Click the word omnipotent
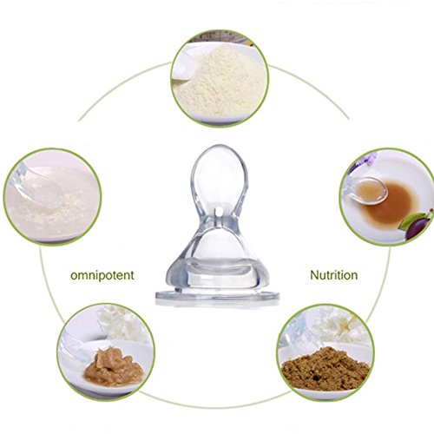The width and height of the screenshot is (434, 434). (102, 275)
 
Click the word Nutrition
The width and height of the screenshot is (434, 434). (334, 275)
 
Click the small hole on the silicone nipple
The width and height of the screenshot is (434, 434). (218, 212)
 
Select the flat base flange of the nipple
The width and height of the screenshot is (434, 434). (217, 298)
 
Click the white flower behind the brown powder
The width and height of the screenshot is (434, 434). (340, 324)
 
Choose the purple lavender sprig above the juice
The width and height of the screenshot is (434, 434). (363, 162)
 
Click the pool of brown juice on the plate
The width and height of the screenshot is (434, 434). (389, 202)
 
